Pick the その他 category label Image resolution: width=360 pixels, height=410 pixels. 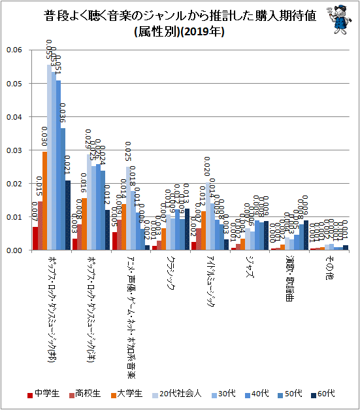pyautogui.click(x=327, y=268)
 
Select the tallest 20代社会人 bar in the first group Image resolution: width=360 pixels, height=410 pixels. pyautogui.click(x=49, y=157)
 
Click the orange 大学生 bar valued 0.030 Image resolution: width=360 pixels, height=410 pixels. pyautogui.click(x=44, y=201)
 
